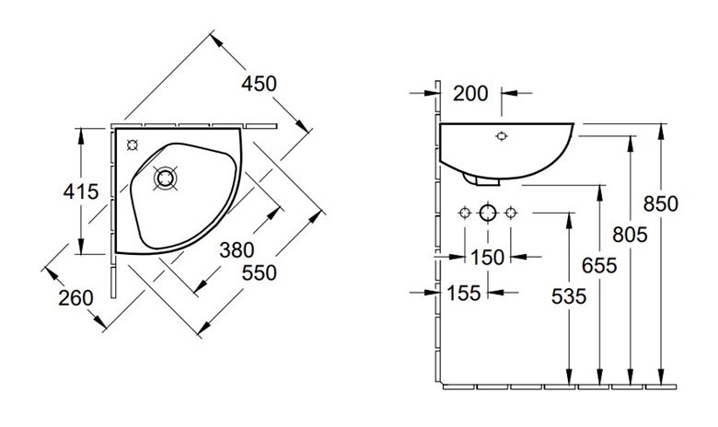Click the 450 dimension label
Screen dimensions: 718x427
point(260,84)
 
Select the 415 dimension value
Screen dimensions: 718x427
point(81,191)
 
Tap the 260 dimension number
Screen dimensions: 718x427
point(75,298)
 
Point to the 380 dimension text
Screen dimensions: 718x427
point(237,250)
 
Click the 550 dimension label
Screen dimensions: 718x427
point(260,272)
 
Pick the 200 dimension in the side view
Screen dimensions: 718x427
point(470,93)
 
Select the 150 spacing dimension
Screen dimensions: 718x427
point(487,257)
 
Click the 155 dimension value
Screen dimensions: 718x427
point(463,293)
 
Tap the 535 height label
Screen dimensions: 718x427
point(569,296)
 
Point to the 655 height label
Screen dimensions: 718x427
point(599,265)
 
